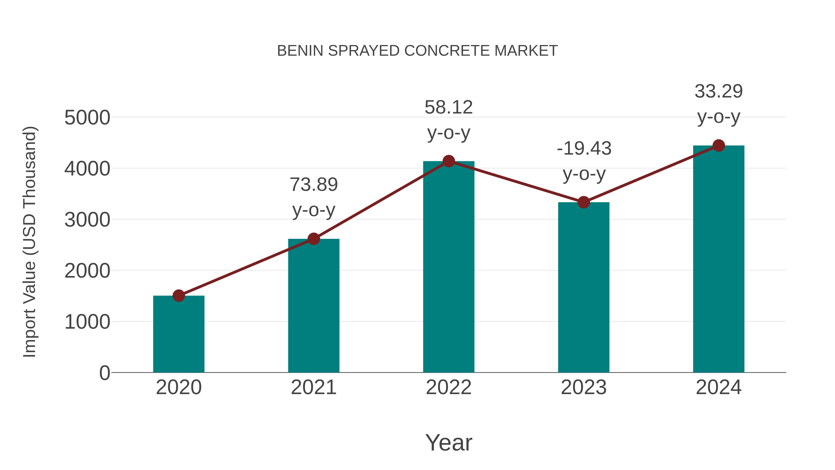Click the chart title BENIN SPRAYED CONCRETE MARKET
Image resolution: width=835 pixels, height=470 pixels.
(417, 51)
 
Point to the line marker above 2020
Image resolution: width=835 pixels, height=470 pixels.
(179, 295)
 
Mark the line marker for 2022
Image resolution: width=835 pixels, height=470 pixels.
(449, 161)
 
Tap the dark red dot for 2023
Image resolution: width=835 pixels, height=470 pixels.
(584, 202)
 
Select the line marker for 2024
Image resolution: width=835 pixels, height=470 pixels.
(719, 146)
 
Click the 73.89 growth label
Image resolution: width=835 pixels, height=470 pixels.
(313, 185)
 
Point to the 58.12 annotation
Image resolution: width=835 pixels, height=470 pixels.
(449, 107)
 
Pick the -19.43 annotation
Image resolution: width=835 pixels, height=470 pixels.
(584, 149)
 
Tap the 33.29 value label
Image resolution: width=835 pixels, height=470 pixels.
(719, 91)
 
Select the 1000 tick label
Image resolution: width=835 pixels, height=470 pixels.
(87, 322)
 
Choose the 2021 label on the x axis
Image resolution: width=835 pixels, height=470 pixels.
(313, 387)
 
